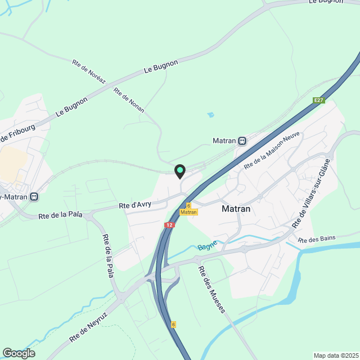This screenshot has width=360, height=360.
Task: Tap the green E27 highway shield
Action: (x=319, y=101)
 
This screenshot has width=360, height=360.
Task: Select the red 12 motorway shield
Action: (x=169, y=224)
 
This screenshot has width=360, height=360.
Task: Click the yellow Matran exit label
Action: (x=189, y=212)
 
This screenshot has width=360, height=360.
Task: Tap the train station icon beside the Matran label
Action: (x=242, y=141)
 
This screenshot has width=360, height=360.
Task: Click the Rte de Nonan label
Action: (x=129, y=100)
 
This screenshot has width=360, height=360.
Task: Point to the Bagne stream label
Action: (x=207, y=246)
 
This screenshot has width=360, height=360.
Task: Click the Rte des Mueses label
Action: (x=212, y=289)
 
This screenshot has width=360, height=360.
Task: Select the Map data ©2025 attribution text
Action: (x=335, y=355)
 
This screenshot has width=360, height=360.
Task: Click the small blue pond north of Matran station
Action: (x=210, y=115)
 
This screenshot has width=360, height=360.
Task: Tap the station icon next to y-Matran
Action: (x=34, y=197)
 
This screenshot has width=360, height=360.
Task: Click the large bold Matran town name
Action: (x=236, y=209)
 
